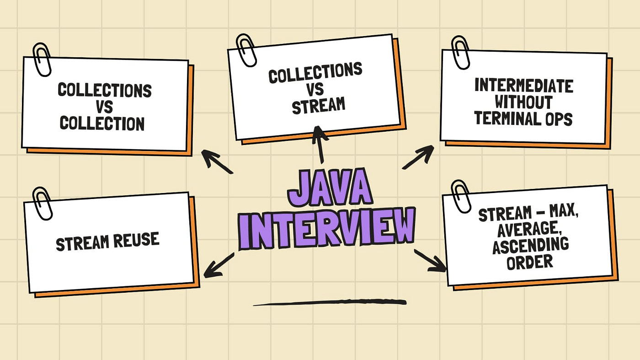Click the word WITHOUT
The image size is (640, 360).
pos(523,102)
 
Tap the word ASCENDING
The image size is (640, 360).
pos(530,246)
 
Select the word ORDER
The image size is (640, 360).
pos(530,261)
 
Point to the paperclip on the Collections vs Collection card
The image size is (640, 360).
pos(42,59)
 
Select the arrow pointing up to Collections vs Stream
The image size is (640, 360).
pos(320,144)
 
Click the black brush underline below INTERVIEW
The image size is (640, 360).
pos(329,302)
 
